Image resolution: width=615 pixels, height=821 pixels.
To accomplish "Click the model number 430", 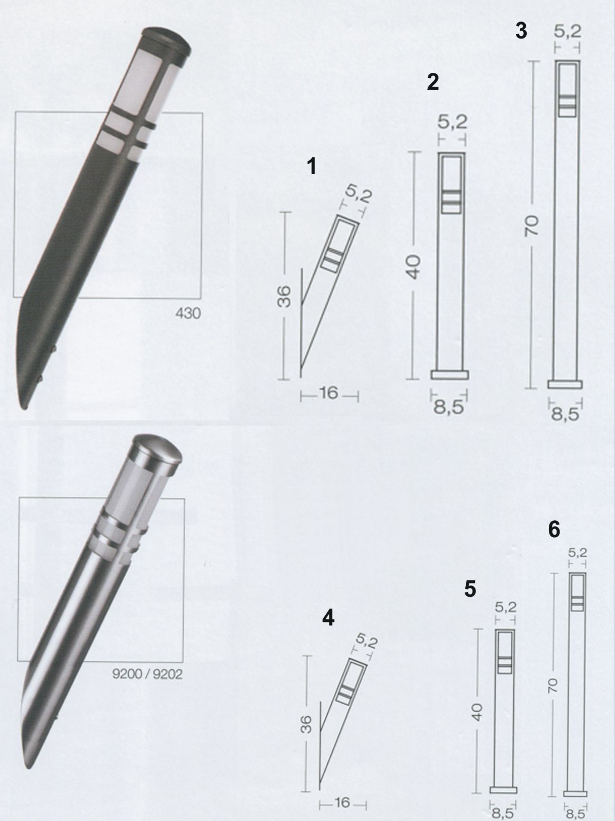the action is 188,313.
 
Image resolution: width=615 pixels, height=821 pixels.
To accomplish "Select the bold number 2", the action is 432,82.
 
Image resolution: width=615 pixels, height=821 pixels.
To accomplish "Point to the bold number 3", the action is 521,30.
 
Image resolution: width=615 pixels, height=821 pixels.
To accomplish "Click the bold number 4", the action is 328,618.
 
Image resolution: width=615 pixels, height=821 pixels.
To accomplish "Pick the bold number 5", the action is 470,589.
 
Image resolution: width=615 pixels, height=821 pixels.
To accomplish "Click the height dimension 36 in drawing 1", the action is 285,296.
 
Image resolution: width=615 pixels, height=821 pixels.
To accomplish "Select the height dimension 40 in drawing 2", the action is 413,267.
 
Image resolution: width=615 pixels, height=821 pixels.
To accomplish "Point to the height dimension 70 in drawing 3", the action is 531,226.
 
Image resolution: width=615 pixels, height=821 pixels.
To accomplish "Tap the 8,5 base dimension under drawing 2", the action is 449,407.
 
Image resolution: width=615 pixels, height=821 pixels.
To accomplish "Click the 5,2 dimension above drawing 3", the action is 567,31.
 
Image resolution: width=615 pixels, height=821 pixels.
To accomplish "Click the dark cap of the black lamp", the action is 166,41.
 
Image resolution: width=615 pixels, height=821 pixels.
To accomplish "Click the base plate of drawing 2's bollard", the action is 449,375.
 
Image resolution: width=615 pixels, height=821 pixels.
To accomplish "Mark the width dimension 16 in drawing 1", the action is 329,393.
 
